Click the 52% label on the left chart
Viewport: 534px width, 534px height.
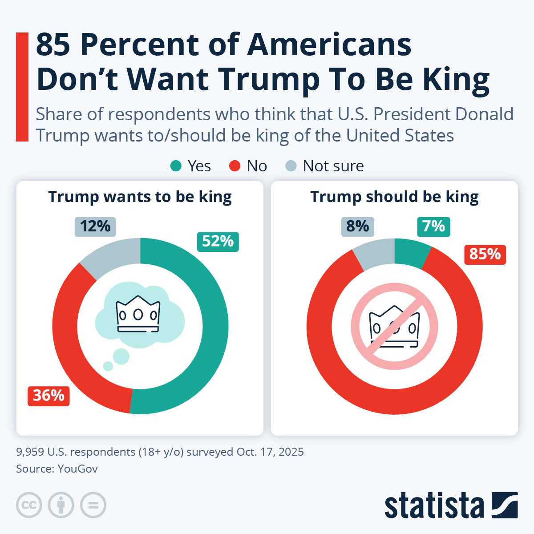(x=218, y=242)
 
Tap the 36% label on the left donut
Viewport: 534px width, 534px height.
(x=49, y=396)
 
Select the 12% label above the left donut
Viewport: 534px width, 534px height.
(x=95, y=227)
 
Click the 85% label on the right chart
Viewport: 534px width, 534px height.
(x=485, y=255)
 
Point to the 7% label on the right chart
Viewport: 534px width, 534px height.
(x=433, y=227)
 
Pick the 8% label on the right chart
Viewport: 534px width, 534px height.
(x=358, y=227)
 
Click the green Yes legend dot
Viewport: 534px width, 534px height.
(x=176, y=166)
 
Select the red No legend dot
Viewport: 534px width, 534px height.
(x=235, y=166)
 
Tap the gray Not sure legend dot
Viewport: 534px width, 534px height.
(x=291, y=166)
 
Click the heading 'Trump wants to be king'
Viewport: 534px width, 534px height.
(x=140, y=197)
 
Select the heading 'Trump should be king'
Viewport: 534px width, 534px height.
(x=394, y=197)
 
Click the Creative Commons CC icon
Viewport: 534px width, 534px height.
(x=29, y=505)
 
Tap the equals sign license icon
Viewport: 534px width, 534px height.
(x=93, y=505)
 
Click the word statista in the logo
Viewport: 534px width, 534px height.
(x=434, y=506)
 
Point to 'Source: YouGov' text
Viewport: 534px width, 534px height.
(x=57, y=469)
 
